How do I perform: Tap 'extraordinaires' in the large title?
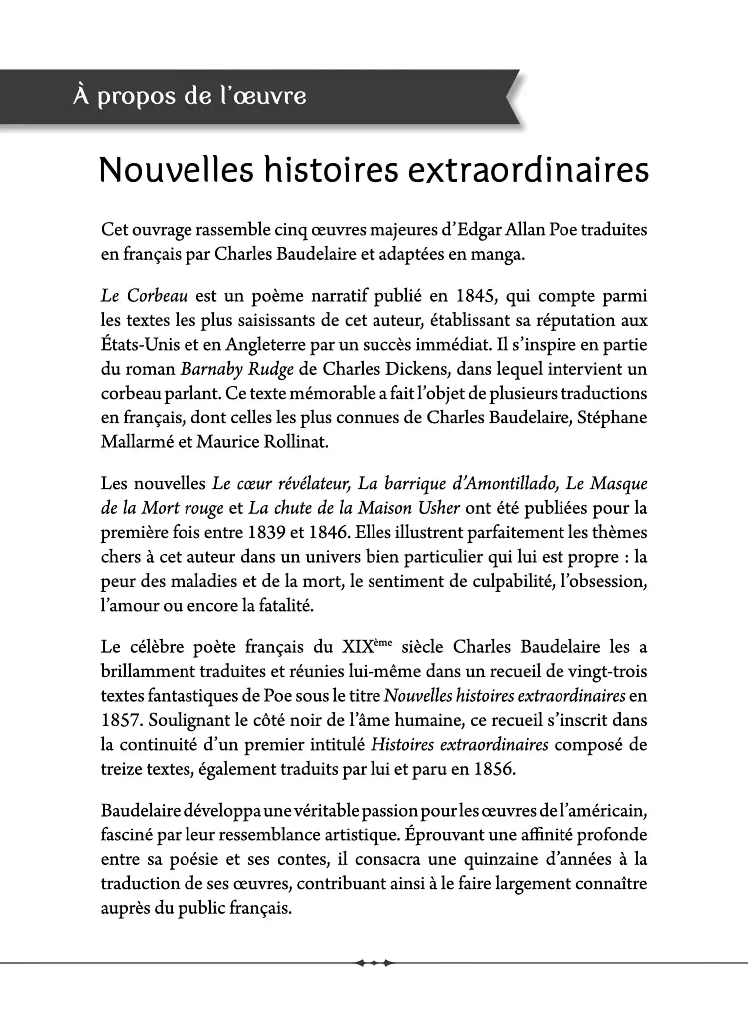(529, 170)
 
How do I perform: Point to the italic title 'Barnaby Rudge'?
(237, 369)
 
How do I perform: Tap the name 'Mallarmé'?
(136, 442)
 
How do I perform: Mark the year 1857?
(120, 720)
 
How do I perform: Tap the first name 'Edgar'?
(479, 230)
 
